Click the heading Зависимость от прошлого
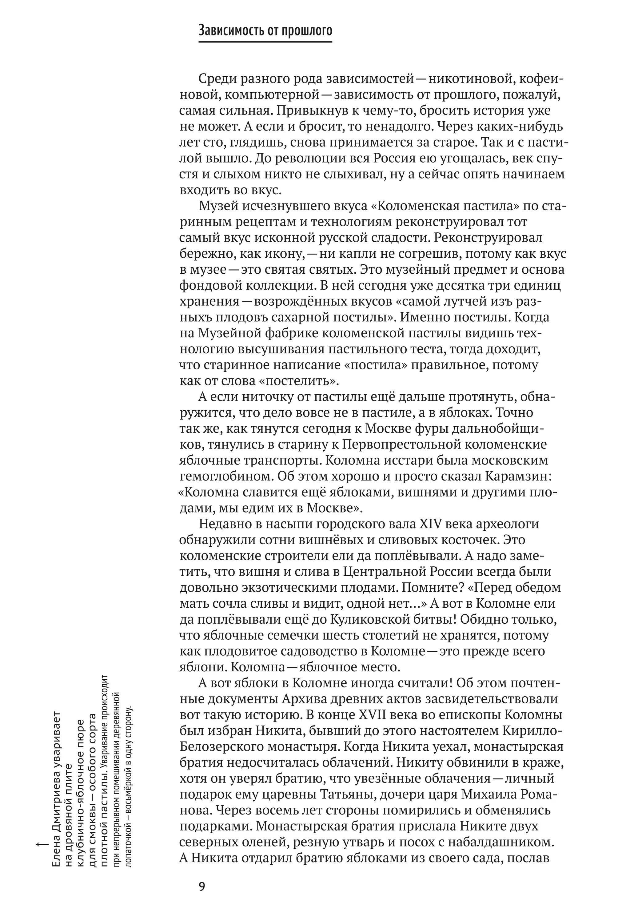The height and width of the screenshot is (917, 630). click(x=265, y=30)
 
